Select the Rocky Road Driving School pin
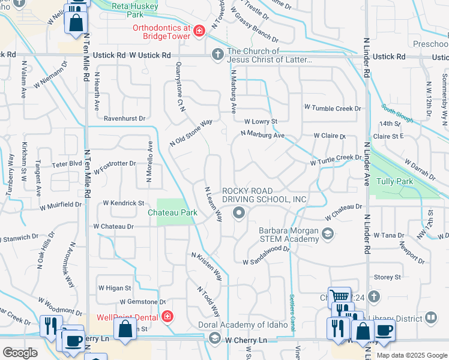[x=240, y=212]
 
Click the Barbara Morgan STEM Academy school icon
[x=328, y=234]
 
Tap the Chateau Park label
[x=173, y=212]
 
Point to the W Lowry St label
[x=260, y=121]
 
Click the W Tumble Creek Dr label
[x=333, y=108]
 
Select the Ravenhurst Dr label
[x=125, y=118]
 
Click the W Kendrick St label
[x=124, y=203]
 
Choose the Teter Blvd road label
[x=67, y=163]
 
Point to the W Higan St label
[x=114, y=288]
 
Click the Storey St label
[x=387, y=277]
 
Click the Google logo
[x=20, y=353]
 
